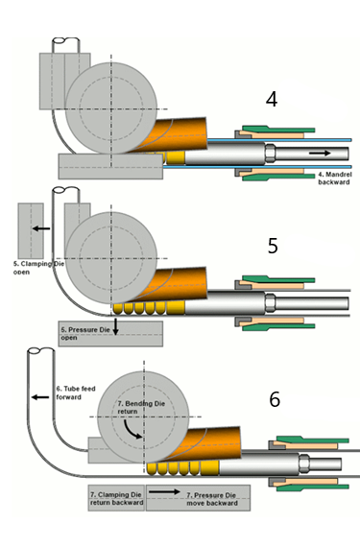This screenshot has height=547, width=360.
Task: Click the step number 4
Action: point(272,100)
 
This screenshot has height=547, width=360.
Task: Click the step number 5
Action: point(273,246)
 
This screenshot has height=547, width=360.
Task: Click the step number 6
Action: point(275,398)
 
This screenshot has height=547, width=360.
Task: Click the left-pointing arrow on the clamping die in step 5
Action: point(39,228)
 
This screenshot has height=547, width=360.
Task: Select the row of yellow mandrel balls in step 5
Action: point(145,307)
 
